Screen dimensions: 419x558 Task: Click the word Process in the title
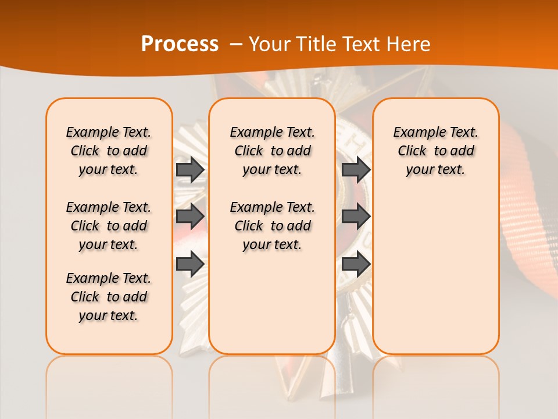[x=180, y=44]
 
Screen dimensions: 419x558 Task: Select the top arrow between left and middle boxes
[x=190, y=169]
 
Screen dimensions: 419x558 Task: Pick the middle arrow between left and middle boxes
[x=190, y=216]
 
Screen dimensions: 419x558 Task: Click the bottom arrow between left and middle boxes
[x=190, y=264]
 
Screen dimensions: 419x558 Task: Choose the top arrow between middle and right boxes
[x=356, y=169]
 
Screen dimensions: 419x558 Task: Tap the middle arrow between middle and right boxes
[x=356, y=216]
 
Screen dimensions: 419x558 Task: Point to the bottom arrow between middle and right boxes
[x=356, y=264]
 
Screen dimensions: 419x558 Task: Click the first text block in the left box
[x=109, y=151]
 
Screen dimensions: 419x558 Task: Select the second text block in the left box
[x=109, y=226]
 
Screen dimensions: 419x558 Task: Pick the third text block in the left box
[x=109, y=297]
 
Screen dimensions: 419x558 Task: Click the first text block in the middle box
[x=272, y=151]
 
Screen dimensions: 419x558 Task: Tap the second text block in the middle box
[x=272, y=226]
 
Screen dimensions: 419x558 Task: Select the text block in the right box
[x=435, y=151]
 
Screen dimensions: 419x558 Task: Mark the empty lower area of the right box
[x=435, y=274]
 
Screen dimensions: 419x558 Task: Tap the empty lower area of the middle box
[x=272, y=303]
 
